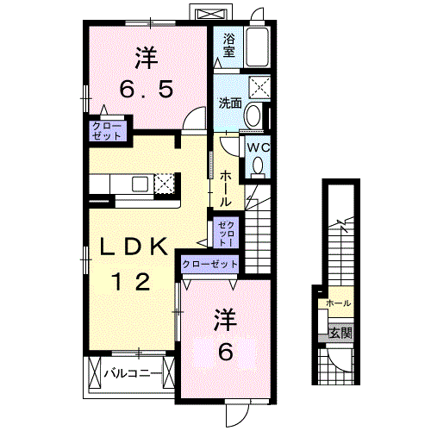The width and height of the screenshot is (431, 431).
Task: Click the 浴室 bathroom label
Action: (229, 46)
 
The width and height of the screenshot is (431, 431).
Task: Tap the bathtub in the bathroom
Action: (258, 47)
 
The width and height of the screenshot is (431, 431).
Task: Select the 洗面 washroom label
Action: (230, 103)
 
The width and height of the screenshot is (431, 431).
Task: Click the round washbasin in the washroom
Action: (253, 116)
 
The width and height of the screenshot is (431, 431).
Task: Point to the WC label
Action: (259, 148)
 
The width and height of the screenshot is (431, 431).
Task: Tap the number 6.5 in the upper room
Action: (147, 89)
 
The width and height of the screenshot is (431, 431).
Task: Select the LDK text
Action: (134, 247)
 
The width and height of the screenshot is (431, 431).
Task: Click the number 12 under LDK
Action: (131, 282)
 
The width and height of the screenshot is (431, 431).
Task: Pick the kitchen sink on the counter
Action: (140, 184)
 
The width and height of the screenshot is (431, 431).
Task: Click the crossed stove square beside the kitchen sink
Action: (165, 184)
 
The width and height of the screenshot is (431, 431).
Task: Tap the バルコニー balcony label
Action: (133, 373)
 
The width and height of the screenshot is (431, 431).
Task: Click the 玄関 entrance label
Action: (340, 334)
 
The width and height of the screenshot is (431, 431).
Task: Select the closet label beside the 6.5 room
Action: (107, 131)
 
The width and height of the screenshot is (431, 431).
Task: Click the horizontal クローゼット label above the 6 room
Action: (210, 264)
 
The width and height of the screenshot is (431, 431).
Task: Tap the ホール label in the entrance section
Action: (339, 303)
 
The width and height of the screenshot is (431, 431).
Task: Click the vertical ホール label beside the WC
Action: (226, 188)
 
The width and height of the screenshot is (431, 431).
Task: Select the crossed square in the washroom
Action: (259, 86)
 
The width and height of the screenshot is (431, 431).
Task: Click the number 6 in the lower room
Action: (226, 353)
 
